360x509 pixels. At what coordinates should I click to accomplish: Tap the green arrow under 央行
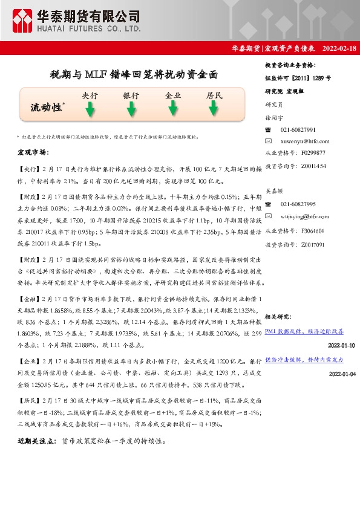point(90,109)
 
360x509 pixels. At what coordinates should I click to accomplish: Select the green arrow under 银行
point(131,109)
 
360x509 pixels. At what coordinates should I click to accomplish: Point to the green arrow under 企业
point(172,109)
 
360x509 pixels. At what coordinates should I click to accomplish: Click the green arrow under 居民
point(214,109)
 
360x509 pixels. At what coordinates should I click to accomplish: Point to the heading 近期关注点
point(38,442)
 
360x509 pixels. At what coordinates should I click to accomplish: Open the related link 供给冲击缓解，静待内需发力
point(304,360)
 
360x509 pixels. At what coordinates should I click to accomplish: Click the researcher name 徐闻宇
point(275,118)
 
